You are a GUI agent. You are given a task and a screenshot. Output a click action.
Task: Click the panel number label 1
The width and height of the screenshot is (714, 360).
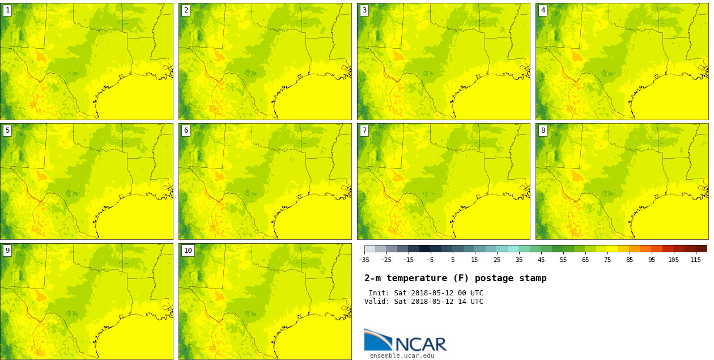click(7, 10)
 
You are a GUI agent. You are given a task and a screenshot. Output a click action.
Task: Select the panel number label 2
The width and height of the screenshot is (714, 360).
click(186, 10)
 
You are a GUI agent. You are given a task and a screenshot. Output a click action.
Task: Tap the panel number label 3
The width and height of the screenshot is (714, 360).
click(364, 10)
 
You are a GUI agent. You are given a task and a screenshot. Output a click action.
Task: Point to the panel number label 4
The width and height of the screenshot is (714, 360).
click(543, 10)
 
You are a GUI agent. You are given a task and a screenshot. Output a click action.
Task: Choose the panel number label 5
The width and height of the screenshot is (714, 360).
click(7, 130)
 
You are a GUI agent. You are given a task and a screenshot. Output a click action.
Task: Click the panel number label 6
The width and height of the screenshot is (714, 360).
click(186, 130)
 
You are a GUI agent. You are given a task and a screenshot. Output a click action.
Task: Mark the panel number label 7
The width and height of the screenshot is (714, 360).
click(364, 130)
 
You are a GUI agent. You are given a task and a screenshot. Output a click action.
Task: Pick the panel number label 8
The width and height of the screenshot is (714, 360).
click(543, 130)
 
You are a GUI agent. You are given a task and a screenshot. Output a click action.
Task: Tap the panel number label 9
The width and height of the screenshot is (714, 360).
click(7, 251)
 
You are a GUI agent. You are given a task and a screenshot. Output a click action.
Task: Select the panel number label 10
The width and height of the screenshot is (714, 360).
click(188, 251)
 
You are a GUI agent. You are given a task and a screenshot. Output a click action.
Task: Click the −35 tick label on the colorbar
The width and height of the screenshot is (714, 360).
click(364, 260)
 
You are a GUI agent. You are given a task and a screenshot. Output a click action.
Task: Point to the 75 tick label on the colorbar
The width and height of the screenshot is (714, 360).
click(607, 260)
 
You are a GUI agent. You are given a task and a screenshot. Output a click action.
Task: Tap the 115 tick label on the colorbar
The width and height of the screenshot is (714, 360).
click(696, 260)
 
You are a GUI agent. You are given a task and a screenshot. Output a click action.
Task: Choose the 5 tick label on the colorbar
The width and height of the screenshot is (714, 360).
click(452, 260)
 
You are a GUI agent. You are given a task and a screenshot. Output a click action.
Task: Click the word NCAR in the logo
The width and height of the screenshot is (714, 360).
click(420, 344)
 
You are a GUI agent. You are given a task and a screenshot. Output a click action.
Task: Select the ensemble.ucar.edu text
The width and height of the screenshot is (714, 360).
click(402, 356)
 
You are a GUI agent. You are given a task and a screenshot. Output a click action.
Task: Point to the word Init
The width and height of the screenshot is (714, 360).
click(379, 293)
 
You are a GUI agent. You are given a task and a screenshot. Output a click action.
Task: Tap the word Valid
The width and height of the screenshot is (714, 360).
click(376, 302)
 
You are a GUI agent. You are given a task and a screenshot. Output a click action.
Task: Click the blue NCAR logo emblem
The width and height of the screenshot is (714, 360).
click(378, 340)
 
